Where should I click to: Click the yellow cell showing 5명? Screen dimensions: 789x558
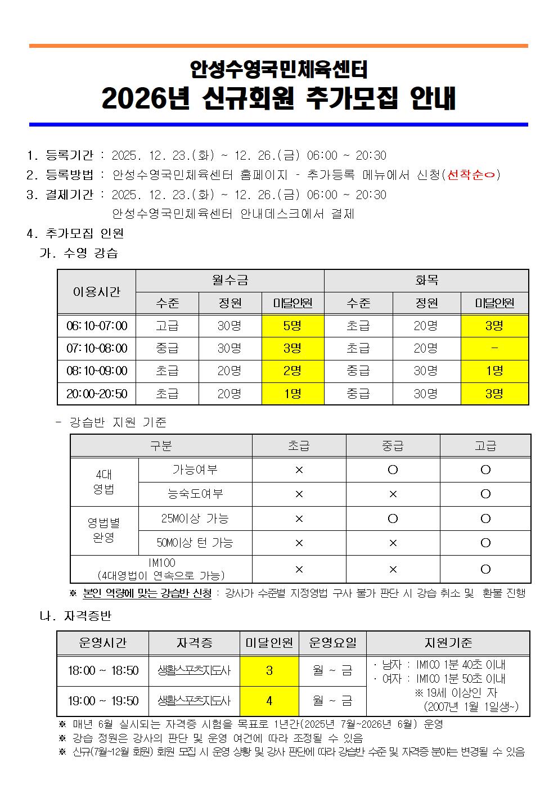coord(292,326)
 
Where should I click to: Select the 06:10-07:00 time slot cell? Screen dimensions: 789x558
coord(97,326)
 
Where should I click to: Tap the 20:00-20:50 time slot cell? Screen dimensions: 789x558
coord(97,394)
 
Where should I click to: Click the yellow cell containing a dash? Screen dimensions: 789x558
coord(494,349)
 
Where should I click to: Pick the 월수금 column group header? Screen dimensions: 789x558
coord(229,280)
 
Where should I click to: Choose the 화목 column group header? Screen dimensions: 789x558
coord(426,280)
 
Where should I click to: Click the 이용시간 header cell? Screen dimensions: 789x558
coord(97,291)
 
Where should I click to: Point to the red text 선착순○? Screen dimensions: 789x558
coord(471,175)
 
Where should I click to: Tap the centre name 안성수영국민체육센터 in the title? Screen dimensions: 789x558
coord(278,69)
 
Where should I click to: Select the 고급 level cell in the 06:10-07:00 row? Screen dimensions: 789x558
coord(167,326)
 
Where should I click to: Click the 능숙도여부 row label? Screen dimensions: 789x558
coord(195,494)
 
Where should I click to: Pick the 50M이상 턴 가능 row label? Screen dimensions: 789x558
coord(195,543)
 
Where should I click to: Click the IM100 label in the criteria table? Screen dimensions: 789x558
coord(161,563)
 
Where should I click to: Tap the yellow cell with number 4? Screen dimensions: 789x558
coord(269,701)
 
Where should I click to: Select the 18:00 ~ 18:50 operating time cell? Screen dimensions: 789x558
coord(103,670)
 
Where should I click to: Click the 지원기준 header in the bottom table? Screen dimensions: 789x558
coord(448,643)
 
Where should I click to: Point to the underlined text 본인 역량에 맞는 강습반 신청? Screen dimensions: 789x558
coord(147,593)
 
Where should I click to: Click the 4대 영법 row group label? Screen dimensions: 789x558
coord(104,482)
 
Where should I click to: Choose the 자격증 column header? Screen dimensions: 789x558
coord(194,643)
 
